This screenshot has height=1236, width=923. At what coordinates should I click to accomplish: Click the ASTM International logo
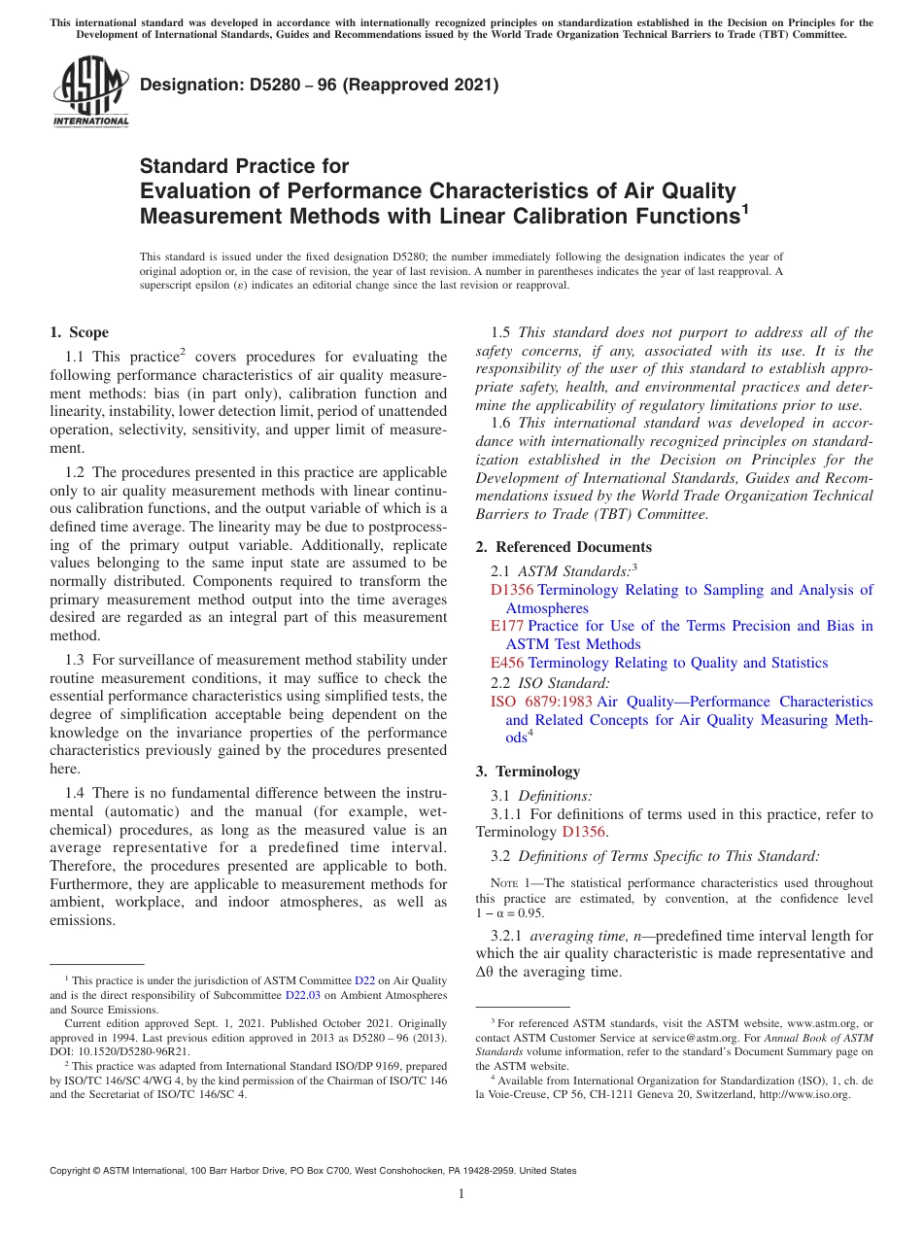[90, 92]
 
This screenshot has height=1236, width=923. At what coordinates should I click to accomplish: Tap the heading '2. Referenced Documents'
[564, 547]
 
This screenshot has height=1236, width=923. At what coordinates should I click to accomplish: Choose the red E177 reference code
[507, 626]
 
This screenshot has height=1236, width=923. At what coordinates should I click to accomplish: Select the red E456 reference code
[507, 663]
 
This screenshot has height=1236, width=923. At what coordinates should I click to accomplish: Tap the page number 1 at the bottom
[461, 1194]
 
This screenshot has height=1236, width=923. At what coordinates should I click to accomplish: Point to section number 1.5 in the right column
[500, 332]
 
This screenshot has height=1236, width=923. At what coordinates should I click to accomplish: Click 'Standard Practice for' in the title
[245, 166]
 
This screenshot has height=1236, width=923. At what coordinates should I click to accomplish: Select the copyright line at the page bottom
[313, 1171]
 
